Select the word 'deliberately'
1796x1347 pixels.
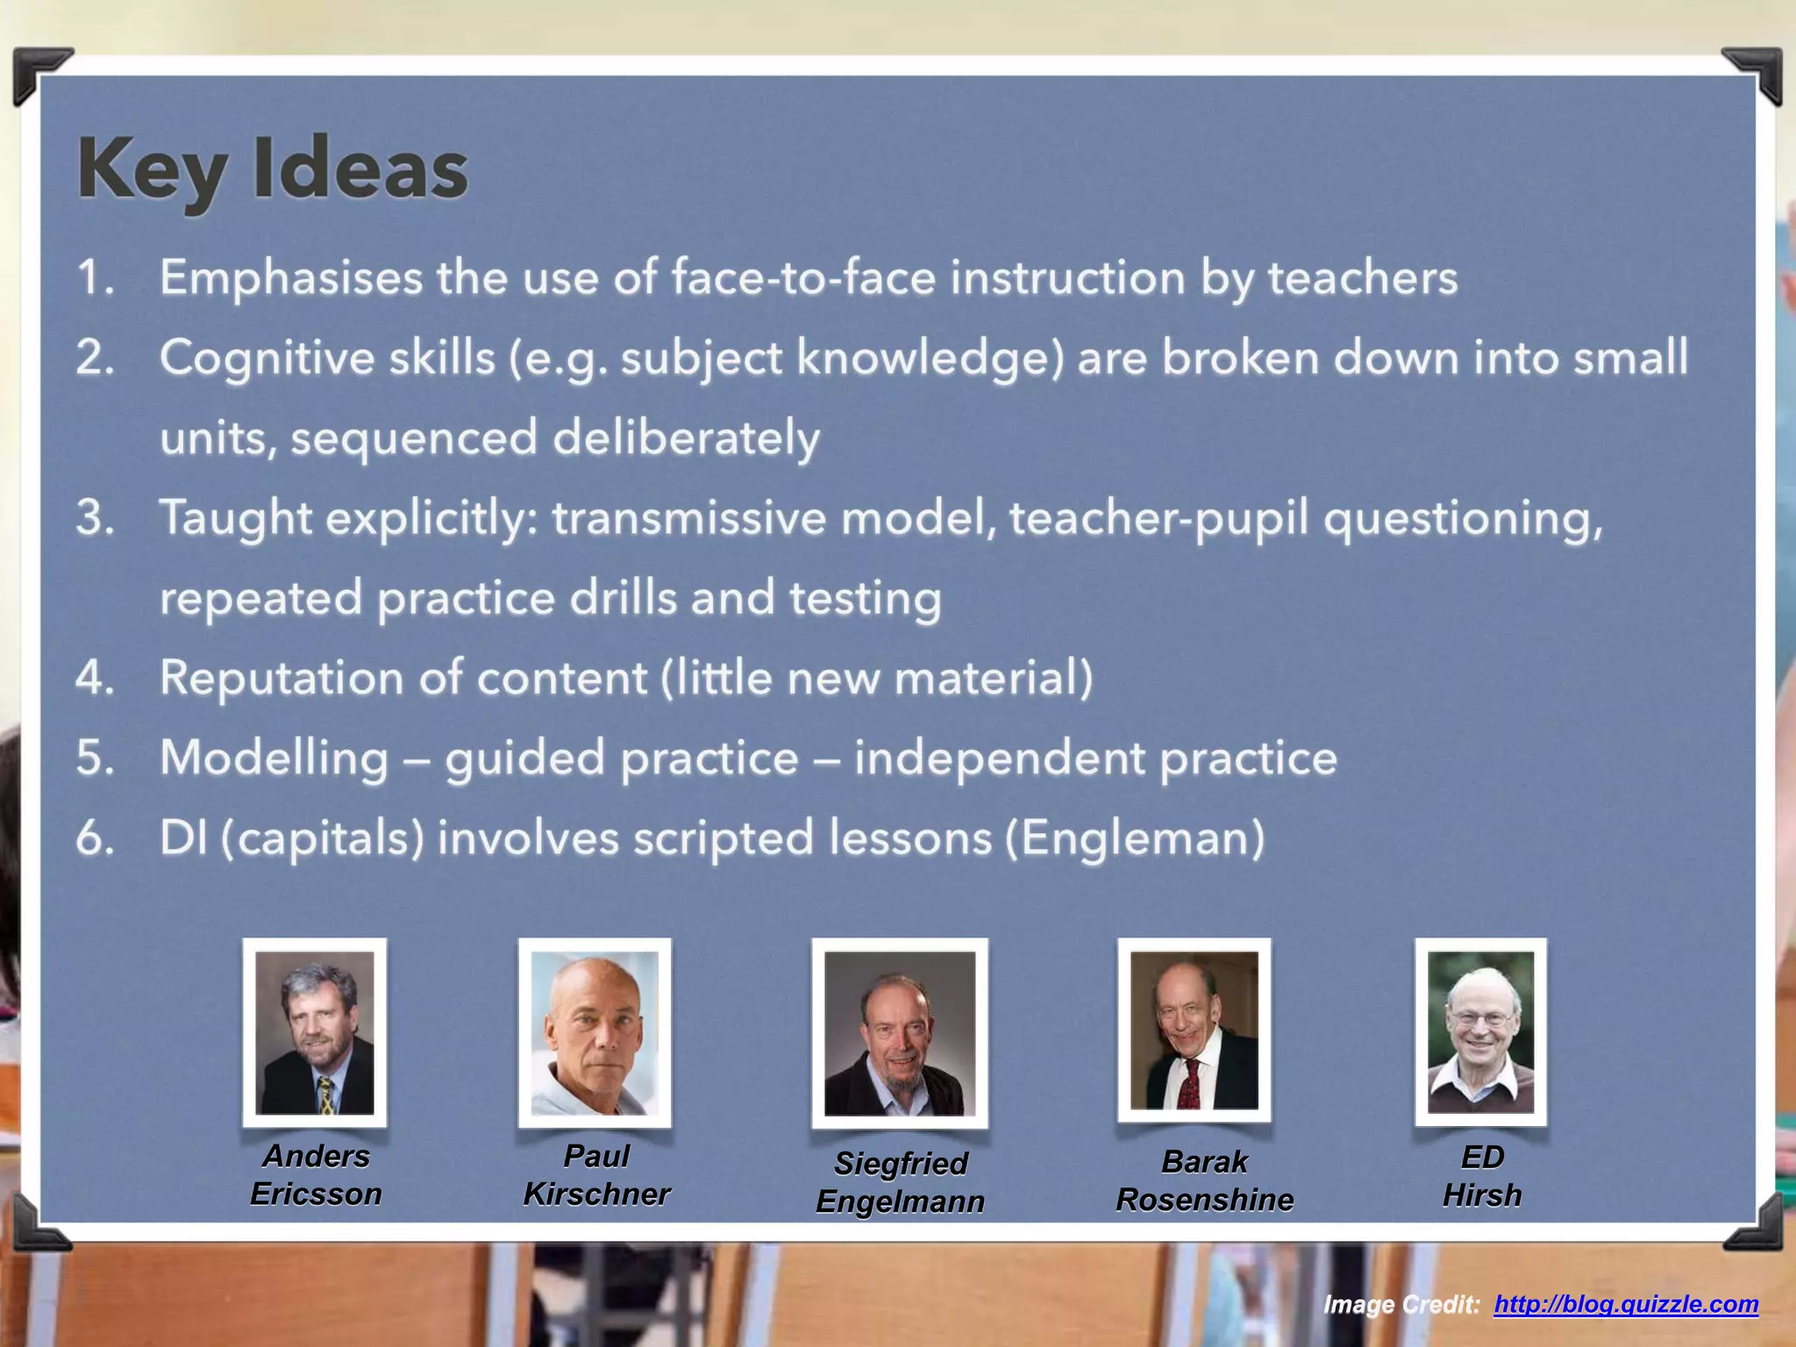point(686,438)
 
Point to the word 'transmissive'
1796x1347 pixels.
point(688,517)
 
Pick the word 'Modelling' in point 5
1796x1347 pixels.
point(274,758)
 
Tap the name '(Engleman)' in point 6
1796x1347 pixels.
point(1135,837)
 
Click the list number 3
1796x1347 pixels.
point(95,517)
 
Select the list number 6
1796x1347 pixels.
point(95,837)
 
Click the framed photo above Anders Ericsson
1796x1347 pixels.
point(315,1032)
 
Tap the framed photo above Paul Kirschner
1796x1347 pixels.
point(595,1032)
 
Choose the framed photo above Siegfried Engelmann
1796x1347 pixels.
point(900,1033)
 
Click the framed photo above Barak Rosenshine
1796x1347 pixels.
point(1194,1030)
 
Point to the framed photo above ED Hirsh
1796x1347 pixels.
point(1480,1031)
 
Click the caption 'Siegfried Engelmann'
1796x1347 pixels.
point(901,1182)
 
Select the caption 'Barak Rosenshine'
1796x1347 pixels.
point(1204,1180)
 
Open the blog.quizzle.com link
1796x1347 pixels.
point(1626,1304)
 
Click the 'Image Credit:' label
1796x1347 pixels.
point(1401,1305)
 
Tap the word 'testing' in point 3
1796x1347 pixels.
point(865,598)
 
